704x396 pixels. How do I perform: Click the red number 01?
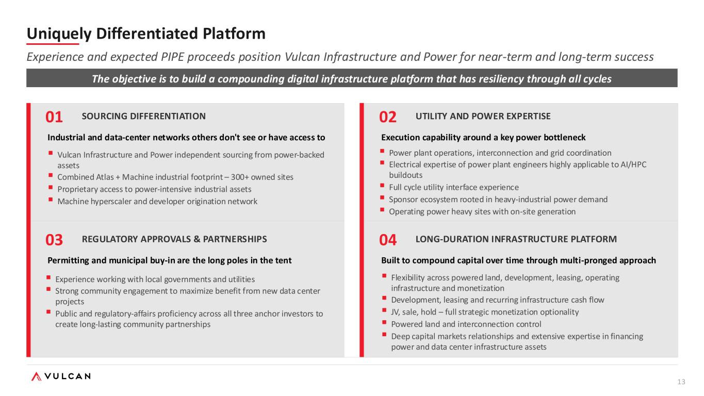[x=54, y=117]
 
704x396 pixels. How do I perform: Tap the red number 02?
[x=387, y=117]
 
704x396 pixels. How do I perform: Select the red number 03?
[x=54, y=240]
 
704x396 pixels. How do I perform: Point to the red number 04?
[x=387, y=240]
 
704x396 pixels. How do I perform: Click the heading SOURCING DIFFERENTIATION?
[x=143, y=117]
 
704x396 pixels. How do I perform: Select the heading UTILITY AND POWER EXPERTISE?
[x=483, y=117]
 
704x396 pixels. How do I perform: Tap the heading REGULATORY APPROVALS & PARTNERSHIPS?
[x=174, y=239]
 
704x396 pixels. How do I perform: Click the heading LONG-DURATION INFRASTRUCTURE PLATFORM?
[x=516, y=239]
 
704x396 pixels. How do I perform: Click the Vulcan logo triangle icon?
[x=36, y=376]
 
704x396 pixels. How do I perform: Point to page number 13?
[x=681, y=382]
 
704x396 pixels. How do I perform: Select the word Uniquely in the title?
[x=59, y=34]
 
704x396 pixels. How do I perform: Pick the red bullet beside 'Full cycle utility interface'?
[x=382, y=186]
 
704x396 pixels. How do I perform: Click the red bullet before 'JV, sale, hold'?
[x=384, y=310]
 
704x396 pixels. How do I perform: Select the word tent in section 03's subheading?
[x=284, y=260]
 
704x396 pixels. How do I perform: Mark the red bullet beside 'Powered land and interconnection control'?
[x=384, y=322]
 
